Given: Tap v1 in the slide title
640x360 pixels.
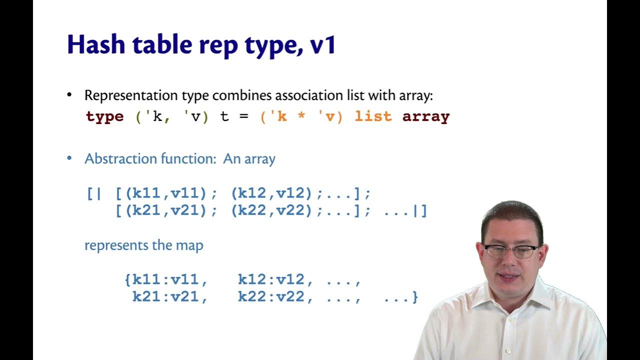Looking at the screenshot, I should click(323, 45).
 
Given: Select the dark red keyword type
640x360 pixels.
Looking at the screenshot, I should click(104, 117).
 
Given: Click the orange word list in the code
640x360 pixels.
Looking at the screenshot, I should click(373, 117).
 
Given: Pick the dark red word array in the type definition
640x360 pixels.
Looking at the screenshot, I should click(426, 117).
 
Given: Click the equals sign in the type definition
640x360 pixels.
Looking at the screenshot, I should click(243, 117).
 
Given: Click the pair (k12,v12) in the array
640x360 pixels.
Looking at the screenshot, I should click(272, 193).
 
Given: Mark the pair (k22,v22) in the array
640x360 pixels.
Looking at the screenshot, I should click(272, 211).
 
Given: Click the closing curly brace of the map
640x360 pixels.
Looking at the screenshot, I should click(414, 297).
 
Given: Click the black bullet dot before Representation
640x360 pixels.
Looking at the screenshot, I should click(69, 95).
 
